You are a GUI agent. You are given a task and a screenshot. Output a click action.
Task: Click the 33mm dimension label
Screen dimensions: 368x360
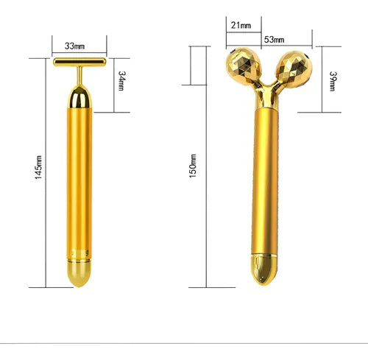[74, 46]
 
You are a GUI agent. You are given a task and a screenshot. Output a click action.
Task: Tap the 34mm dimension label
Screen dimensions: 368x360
[121, 81]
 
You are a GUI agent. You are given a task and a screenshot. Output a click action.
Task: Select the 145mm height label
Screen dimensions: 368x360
[38, 167]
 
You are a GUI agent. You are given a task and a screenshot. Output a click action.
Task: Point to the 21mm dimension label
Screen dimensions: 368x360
[241, 25]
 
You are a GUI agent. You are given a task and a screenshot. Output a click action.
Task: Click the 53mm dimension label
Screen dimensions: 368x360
[274, 39]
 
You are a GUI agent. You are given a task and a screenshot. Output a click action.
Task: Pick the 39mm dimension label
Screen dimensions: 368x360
[333, 81]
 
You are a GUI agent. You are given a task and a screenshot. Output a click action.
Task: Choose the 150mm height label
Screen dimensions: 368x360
[193, 166]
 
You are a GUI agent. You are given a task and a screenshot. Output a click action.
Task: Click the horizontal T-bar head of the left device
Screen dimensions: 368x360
[79, 62]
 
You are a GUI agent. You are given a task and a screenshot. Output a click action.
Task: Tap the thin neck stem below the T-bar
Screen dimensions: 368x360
[79, 76]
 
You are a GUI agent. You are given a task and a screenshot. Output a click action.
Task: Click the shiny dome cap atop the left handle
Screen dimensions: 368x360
[79, 96]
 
